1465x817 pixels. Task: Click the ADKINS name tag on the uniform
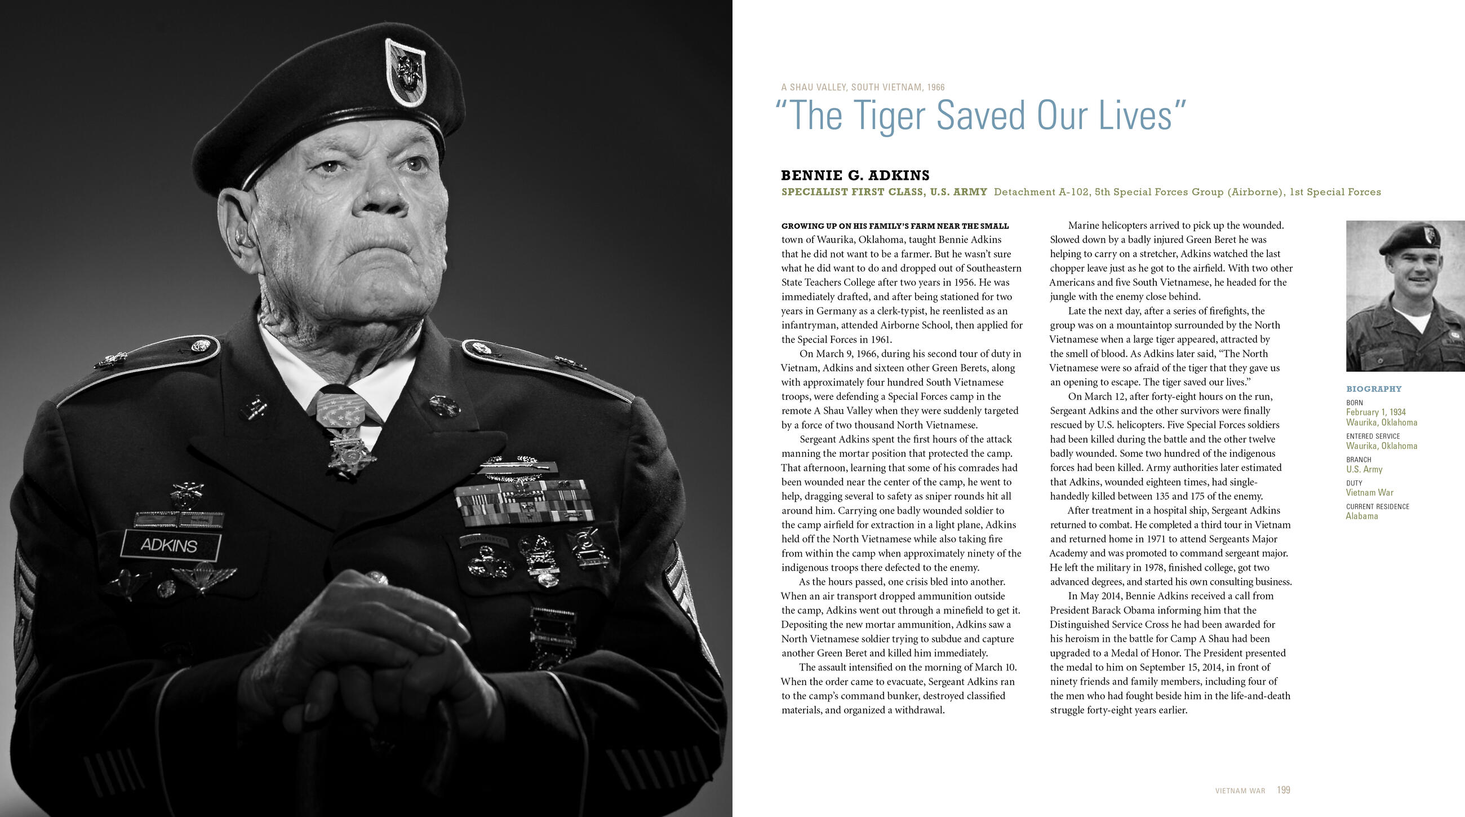[x=170, y=545]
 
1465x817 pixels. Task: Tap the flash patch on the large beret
[x=405, y=73]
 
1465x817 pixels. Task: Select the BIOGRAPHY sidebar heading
[x=1374, y=389]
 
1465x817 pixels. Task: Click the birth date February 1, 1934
[x=1375, y=412]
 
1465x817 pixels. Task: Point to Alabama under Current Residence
[x=1361, y=516]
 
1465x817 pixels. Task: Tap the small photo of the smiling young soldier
[x=1405, y=296]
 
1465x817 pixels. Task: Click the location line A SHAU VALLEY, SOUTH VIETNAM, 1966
[x=863, y=87]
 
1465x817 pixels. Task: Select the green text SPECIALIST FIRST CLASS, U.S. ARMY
[x=884, y=192]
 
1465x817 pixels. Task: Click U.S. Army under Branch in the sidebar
[x=1364, y=469]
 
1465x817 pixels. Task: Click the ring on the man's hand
[x=376, y=579]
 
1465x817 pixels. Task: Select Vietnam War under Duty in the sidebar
[x=1369, y=493]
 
